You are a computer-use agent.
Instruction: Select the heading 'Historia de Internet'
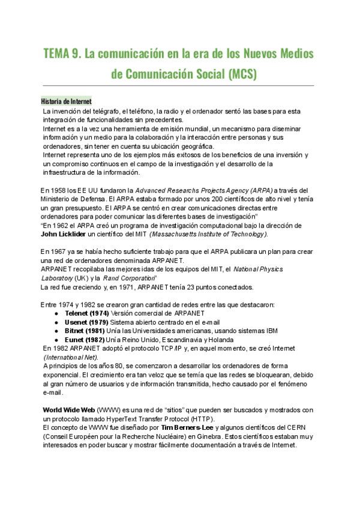(66, 101)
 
